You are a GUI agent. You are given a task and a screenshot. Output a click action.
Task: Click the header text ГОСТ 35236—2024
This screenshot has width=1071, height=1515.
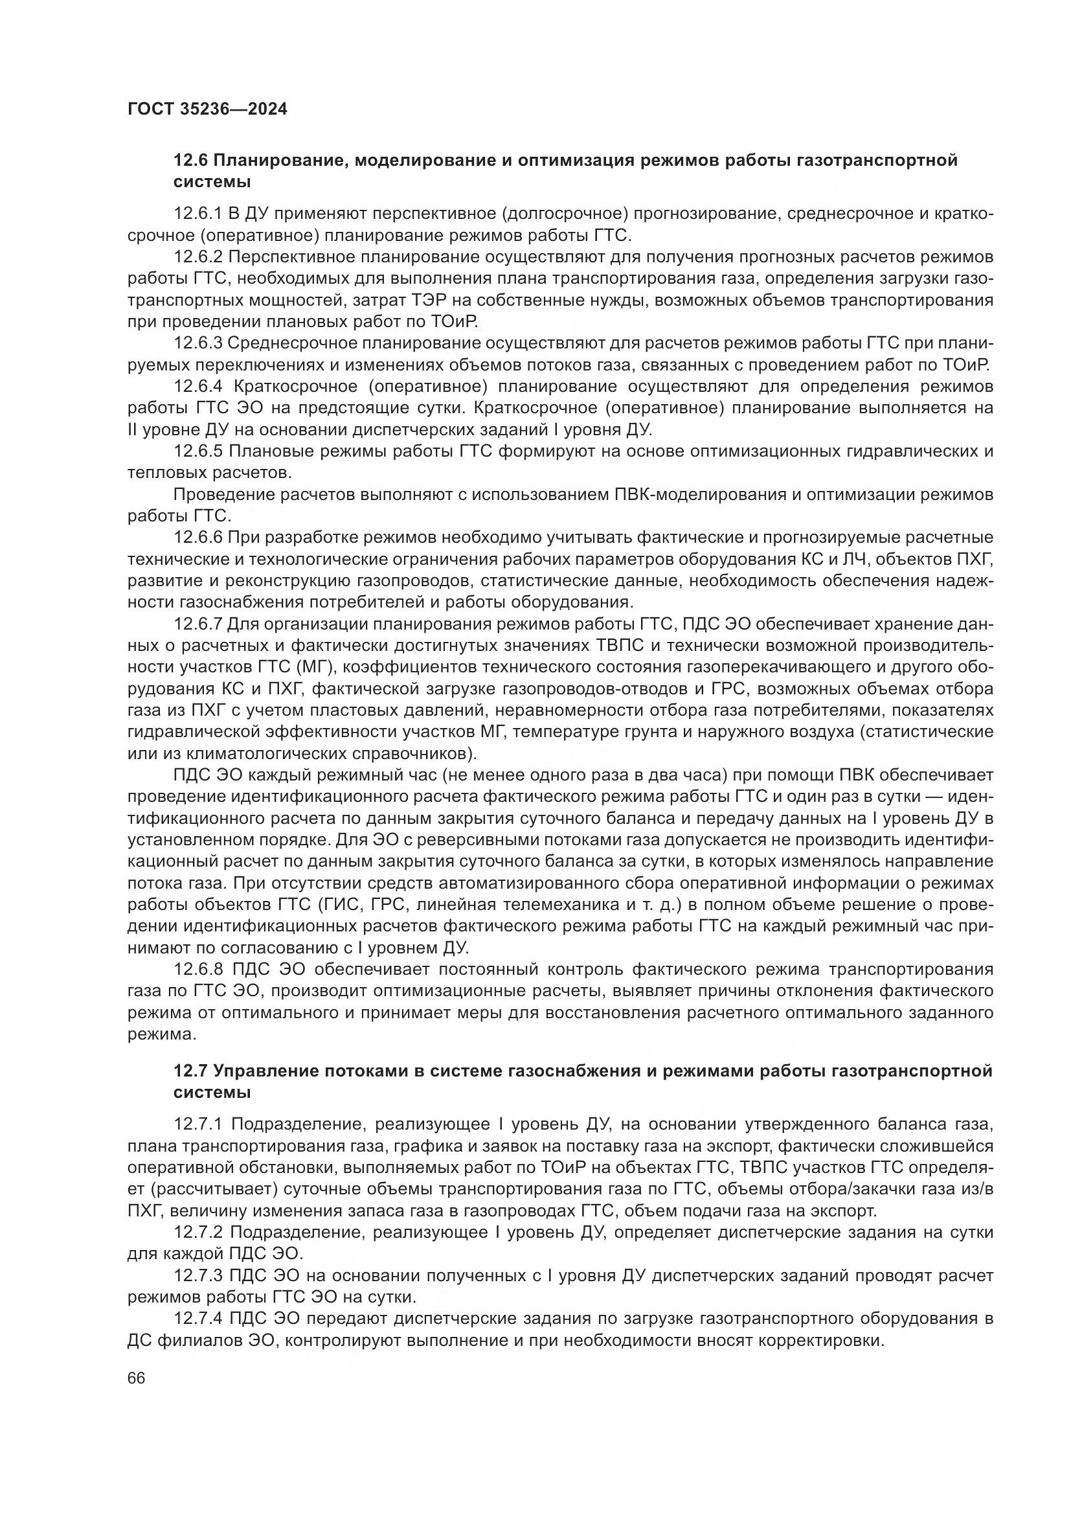tap(207, 109)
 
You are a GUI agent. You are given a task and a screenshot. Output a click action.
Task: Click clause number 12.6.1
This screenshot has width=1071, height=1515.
tap(198, 214)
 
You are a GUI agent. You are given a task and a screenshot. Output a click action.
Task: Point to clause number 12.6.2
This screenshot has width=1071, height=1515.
tap(198, 256)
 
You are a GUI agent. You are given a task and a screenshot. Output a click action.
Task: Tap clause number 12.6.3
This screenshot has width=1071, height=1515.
tap(198, 343)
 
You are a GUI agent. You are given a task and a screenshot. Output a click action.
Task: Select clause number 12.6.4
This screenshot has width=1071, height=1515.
tap(198, 386)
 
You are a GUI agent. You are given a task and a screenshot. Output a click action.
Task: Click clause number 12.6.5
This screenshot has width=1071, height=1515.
tap(198, 451)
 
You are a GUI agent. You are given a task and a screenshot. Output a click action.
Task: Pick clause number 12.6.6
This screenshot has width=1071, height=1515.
tap(198, 538)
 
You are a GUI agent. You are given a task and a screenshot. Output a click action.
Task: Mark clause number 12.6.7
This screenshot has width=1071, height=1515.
tap(198, 624)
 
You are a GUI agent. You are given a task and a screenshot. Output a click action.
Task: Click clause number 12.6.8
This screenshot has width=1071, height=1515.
tap(198, 970)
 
